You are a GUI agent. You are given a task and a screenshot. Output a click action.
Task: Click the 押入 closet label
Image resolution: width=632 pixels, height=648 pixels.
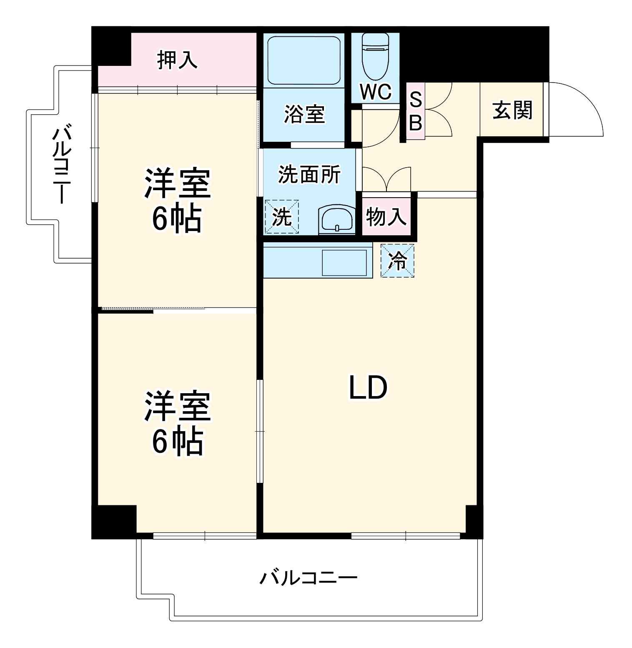(177, 60)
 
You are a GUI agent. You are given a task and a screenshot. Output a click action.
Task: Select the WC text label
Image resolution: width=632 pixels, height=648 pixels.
(376, 92)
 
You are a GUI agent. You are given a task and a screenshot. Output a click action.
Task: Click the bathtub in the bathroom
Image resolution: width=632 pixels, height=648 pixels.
(304, 60)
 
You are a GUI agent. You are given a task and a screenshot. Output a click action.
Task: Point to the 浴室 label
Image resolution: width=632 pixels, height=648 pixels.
(304, 114)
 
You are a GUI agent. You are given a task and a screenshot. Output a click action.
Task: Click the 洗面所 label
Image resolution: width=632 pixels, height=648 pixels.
(309, 174)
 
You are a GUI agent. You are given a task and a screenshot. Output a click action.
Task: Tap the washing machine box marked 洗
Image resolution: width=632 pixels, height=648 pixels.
(282, 216)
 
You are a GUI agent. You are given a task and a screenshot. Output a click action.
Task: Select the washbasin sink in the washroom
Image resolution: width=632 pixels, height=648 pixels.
(336, 219)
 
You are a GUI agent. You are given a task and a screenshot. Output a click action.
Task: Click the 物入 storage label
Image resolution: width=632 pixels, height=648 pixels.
(386, 217)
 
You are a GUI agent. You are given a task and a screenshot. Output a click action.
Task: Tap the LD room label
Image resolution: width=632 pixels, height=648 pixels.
(368, 388)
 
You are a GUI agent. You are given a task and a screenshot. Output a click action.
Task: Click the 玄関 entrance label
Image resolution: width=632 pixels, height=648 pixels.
(512, 110)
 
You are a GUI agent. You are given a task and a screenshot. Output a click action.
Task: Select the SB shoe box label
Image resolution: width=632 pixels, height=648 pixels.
(415, 111)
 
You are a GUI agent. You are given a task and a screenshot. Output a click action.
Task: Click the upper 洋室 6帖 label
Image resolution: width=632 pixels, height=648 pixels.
(177, 200)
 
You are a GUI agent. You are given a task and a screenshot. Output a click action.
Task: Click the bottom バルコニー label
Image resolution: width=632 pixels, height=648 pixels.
(308, 578)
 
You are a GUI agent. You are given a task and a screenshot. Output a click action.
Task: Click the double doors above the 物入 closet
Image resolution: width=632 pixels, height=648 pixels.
(386, 179)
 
